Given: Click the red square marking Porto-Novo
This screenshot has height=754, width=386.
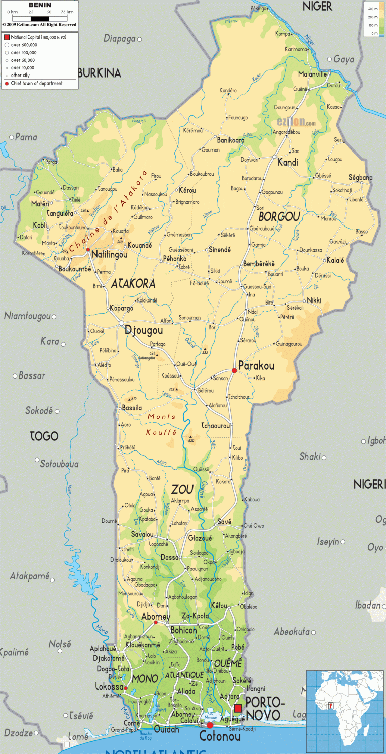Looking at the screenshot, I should pos(238,709).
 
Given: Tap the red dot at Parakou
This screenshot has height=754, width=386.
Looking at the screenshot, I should pos(234,370).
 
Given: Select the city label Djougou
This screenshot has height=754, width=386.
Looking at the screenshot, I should pos(144,331).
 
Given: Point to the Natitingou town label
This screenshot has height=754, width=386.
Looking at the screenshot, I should pos(109,255).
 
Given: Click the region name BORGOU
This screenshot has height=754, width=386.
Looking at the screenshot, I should pos(279,217).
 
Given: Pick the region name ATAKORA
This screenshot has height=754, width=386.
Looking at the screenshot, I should pos(133,284).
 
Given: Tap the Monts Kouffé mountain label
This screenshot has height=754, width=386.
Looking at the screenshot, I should pos(162,424).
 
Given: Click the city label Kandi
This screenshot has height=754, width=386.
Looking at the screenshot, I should pos(287,163).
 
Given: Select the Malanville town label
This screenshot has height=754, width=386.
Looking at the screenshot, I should pos(312,74).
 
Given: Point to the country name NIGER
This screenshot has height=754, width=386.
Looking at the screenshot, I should pos(317,6).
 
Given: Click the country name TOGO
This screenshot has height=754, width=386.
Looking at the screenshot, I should pos(44,436).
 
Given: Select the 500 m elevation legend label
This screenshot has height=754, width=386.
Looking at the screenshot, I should pos(373,9).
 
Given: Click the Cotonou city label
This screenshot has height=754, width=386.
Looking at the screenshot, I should pos(220,737).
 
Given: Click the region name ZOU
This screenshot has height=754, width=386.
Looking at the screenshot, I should pos(182,489).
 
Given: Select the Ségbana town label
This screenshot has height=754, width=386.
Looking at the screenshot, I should pos(360,178).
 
